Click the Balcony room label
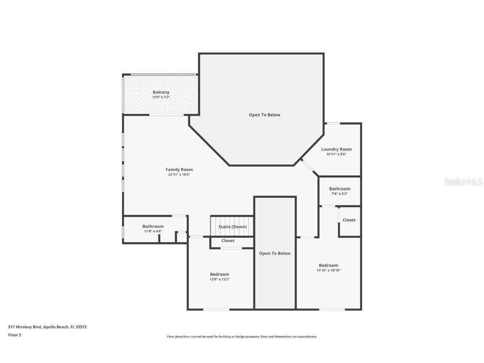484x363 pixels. [x=161, y=92]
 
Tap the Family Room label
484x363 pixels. [x=179, y=170]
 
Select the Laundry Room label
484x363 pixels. [x=336, y=149]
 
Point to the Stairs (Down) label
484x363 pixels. [x=232, y=227]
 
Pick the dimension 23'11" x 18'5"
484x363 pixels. [x=179, y=175]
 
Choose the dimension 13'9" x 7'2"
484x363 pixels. [x=161, y=97]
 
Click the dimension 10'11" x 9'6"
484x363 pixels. [x=336, y=154]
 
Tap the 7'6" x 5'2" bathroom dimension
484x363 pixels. [x=339, y=194]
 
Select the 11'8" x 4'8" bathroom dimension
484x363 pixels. [x=153, y=231]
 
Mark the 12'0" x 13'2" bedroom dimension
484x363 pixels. [x=220, y=279]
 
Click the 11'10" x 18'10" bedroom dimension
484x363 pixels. [x=328, y=270]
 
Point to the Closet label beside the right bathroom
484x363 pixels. [x=349, y=220]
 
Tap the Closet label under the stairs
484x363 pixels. [x=228, y=241]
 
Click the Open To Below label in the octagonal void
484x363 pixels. [x=264, y=115]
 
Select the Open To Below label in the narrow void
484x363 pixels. [x=275, y=253]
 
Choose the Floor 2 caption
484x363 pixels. [x=14, y=335]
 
